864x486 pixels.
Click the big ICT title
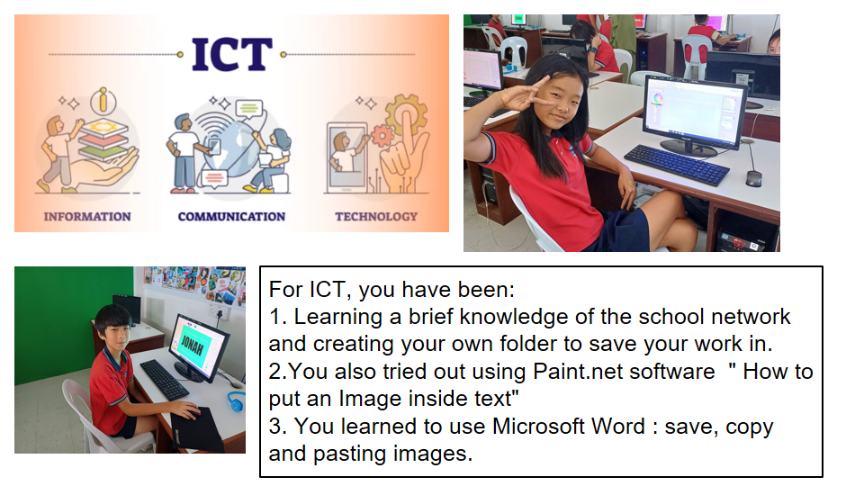pos(232,55)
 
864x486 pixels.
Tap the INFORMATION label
pos(87,217)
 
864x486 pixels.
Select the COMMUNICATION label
pos(231,217)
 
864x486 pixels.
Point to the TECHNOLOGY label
pos(376,217)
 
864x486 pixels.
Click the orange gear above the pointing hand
pos(406,114)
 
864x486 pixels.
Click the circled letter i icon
pos(103,101)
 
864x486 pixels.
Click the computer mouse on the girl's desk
pos(753,178)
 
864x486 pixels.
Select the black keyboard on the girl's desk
pos(677,164)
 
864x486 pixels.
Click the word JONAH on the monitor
pos(193,346)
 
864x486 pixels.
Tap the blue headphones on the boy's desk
pos(237,400)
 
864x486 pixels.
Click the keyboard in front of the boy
pos(164,380)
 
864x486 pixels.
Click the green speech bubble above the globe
pos(248,108)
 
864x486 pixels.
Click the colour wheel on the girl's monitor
pos(657,99)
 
